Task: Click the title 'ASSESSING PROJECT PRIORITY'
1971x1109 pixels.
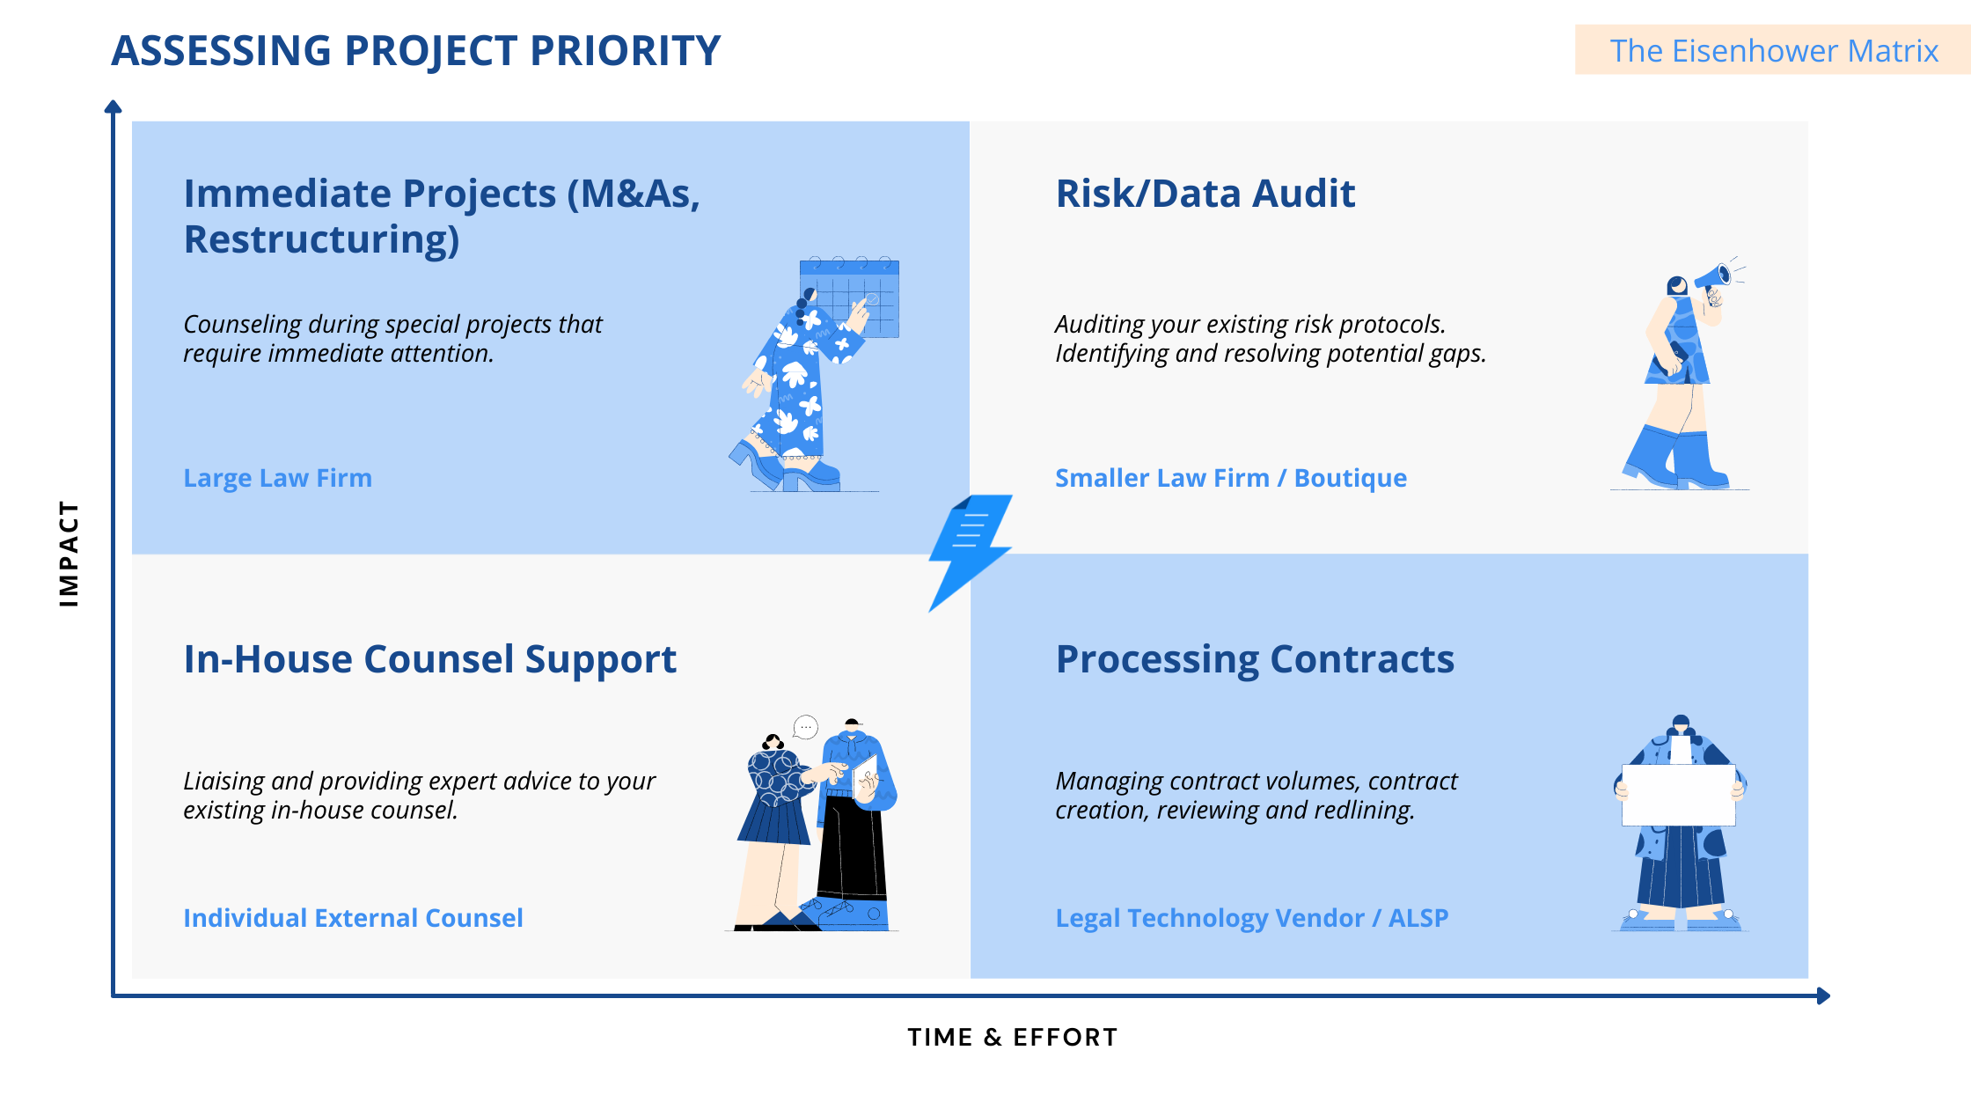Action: pos(415,51)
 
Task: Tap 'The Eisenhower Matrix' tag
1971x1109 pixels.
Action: pos(1773,51)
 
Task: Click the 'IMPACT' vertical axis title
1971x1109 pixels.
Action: pos(69,554)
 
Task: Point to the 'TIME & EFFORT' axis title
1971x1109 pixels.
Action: pos(1012,1037)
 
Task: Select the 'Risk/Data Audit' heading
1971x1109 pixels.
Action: pos(1205,194)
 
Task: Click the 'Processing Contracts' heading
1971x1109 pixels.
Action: pos(1255,659)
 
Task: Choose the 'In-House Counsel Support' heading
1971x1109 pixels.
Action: pos(429,659)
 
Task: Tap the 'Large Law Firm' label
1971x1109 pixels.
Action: pos(277,478)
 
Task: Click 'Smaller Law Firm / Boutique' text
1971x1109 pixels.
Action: pos(1230,478)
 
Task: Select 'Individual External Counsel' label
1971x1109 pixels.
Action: pos(353,918)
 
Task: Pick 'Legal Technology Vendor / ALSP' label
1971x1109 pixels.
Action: pos(1251,918)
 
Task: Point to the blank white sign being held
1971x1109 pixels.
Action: pos(1678,795)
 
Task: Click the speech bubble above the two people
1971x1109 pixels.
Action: pos(805,727)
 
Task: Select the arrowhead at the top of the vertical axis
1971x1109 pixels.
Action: pos(113,107)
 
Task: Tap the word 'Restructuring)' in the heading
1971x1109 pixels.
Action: pos(321,239)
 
